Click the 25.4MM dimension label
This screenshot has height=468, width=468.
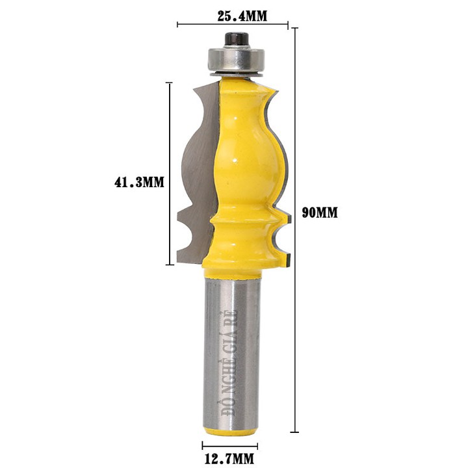pos(242,16)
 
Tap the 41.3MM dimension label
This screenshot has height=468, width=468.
pos(139,182)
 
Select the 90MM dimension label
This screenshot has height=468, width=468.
pos(320,213)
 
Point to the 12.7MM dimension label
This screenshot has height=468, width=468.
pos(229,458)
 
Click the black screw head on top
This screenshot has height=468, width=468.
pos(237,40)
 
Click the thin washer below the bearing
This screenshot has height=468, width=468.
pos(237,75)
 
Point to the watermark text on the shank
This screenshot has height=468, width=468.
pos(229,363)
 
